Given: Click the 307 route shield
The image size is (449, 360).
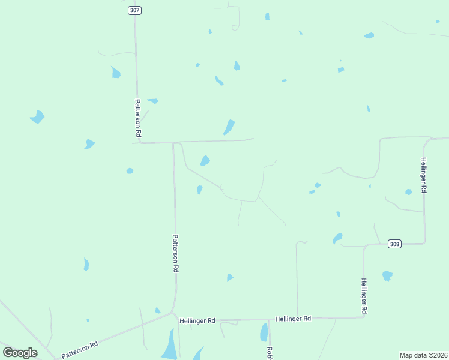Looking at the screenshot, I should (134, 10).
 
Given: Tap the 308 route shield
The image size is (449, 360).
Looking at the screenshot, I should (394, 244).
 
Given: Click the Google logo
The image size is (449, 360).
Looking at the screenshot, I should (20, 352).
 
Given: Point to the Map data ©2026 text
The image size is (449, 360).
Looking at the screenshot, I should (423, 355).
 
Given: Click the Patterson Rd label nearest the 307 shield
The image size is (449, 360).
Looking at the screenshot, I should (138, 118).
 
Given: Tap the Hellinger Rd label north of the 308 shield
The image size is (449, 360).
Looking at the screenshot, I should (424, 175).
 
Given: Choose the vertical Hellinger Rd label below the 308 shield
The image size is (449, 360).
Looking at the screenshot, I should (364, 296).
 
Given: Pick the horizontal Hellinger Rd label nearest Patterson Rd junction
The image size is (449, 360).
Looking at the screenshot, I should (197, 321).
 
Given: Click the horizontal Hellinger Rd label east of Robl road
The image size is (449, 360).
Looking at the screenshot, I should (293, 319).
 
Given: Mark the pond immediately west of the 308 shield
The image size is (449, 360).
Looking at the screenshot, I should (337, 238).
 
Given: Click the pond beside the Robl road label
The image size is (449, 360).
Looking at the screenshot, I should (264, 332).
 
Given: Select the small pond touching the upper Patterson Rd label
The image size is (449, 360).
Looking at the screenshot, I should (153, 101).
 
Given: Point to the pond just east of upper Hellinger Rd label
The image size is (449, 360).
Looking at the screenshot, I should (408, 192).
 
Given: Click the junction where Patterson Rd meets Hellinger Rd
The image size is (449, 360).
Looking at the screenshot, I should (173, 313).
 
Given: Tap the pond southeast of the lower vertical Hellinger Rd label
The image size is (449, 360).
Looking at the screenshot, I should (387, 276).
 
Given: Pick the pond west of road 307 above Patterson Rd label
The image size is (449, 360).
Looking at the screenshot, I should (115, 73).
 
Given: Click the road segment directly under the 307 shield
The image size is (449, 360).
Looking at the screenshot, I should (136, 36).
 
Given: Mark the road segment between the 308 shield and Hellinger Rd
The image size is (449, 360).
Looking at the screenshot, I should (414, 243).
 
